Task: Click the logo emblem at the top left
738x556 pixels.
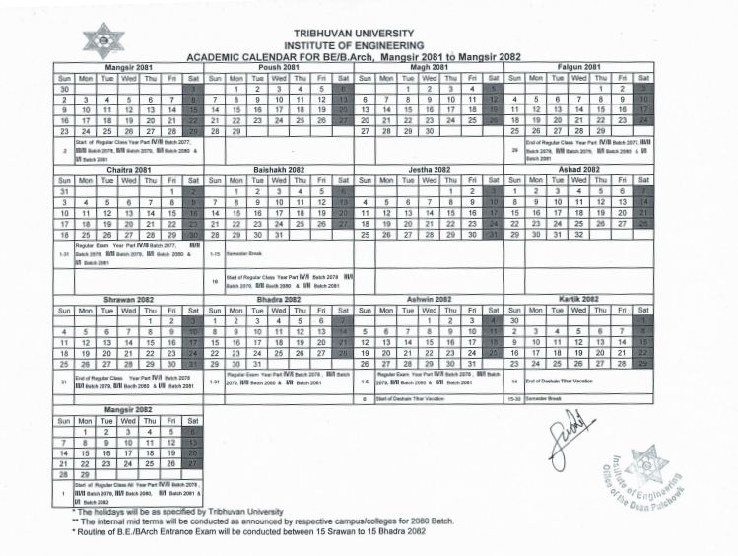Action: [x=103, y=39]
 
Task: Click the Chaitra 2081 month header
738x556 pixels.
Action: [x=128, y=170]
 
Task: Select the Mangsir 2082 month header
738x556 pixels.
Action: [x=128, y=407]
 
